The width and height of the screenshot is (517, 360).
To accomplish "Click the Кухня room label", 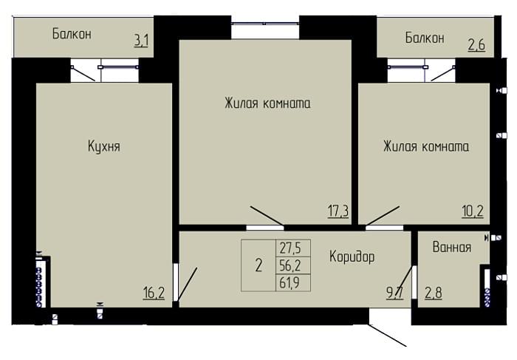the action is coord(104,146).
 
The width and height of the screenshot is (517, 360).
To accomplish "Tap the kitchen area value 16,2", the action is coord(154,292).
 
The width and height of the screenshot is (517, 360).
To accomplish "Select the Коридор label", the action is coord(352,257).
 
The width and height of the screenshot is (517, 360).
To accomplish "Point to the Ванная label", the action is coord(452,247).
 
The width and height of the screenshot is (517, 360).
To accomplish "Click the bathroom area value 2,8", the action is coord(434,293).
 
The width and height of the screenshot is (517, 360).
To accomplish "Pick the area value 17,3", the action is coord(338,211).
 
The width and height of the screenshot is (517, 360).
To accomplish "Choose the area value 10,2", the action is coord(473,211).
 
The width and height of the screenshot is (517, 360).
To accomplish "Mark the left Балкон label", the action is coord(72,34).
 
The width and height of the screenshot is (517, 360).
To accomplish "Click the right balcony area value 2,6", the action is coord(476,44).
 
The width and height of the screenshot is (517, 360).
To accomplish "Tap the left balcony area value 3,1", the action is coord(142,41).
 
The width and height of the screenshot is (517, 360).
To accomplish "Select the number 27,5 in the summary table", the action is coord(290,248).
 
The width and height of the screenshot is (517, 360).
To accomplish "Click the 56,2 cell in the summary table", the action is coord(290,265).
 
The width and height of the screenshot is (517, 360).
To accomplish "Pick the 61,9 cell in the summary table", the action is coord(290,282).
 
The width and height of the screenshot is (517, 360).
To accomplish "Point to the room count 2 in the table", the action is coord(258,265).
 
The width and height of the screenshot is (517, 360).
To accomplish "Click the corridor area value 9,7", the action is coord(394,292).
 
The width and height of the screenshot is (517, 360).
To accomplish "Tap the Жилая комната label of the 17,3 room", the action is coord(267,103).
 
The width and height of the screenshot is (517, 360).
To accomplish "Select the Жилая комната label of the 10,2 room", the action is coord(426,146).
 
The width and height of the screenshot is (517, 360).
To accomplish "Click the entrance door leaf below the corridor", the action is coord(388,336).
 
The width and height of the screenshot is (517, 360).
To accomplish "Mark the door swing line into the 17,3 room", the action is coord(267,216).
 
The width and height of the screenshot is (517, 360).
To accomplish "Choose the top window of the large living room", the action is coord(265,24).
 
